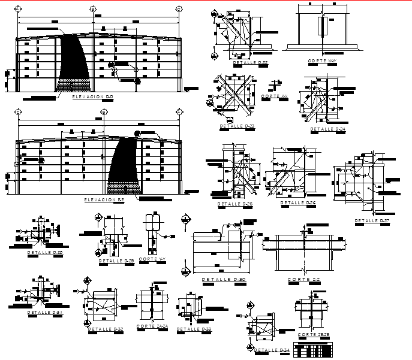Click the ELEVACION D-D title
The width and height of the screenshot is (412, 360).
click(x=92, y=96)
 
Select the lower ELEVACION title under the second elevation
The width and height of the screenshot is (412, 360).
click(x=104, y=199)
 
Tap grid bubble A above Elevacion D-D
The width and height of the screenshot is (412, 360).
click(x=18, y=9)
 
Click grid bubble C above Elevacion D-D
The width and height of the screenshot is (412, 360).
click(x=179, y=9)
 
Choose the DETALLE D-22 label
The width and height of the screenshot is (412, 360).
click(x=250, y=62)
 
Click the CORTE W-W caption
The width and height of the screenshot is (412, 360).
click(x=321, y=61)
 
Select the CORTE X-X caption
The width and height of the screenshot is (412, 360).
click(x=275, y=96)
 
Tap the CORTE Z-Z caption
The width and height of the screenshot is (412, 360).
click(x=302, y=280)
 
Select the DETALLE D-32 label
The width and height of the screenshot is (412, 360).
click(x=105, y=329)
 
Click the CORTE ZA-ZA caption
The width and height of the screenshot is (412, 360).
click(x=152, y=326)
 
